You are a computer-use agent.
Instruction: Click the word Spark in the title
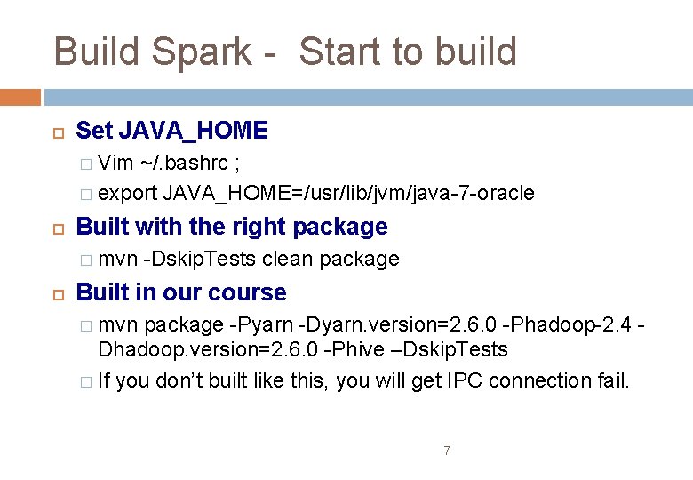(x=201, y=52)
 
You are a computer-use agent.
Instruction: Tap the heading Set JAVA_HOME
(x=171, y=131)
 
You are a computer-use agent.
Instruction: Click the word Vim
(x=115, y=164)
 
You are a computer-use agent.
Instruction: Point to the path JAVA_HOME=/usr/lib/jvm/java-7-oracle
(x=349, y=193)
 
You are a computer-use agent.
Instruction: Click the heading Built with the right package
(x=232, y=227)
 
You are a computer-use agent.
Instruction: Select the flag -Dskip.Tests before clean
(x=200, y=259)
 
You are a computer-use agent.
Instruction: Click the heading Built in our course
(x=181, y=292)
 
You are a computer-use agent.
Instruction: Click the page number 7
(x=446, y=452)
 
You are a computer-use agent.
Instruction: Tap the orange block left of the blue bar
(x=20, y=97)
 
